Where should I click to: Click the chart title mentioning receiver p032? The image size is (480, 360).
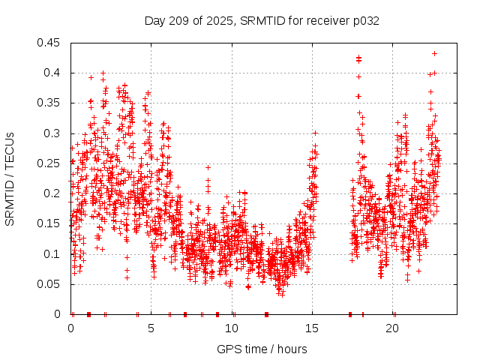point(262,20)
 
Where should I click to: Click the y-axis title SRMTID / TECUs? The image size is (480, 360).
point(10,179)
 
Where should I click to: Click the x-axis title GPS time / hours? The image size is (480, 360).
point(262,349)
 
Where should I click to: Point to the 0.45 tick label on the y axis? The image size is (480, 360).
point(50,43)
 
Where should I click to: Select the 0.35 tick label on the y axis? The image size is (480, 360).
point(50,103)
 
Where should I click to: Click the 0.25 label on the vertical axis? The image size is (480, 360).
point(50,163)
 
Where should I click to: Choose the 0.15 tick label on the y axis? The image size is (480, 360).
point(50,223)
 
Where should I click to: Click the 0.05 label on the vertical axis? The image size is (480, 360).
point(50,284)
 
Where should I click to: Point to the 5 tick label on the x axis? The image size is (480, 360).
point(151,328)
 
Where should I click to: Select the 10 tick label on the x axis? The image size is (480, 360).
point(232,328)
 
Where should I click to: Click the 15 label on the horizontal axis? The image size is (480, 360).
point(313,328)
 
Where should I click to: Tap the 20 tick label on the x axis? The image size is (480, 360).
point(393,328)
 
